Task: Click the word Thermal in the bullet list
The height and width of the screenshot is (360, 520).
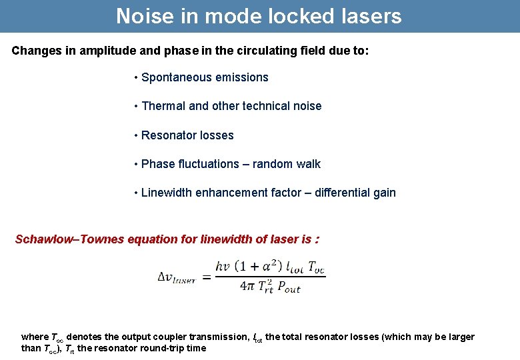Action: [x=163, y=106]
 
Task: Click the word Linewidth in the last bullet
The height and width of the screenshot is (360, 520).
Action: [x=167, y=193]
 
